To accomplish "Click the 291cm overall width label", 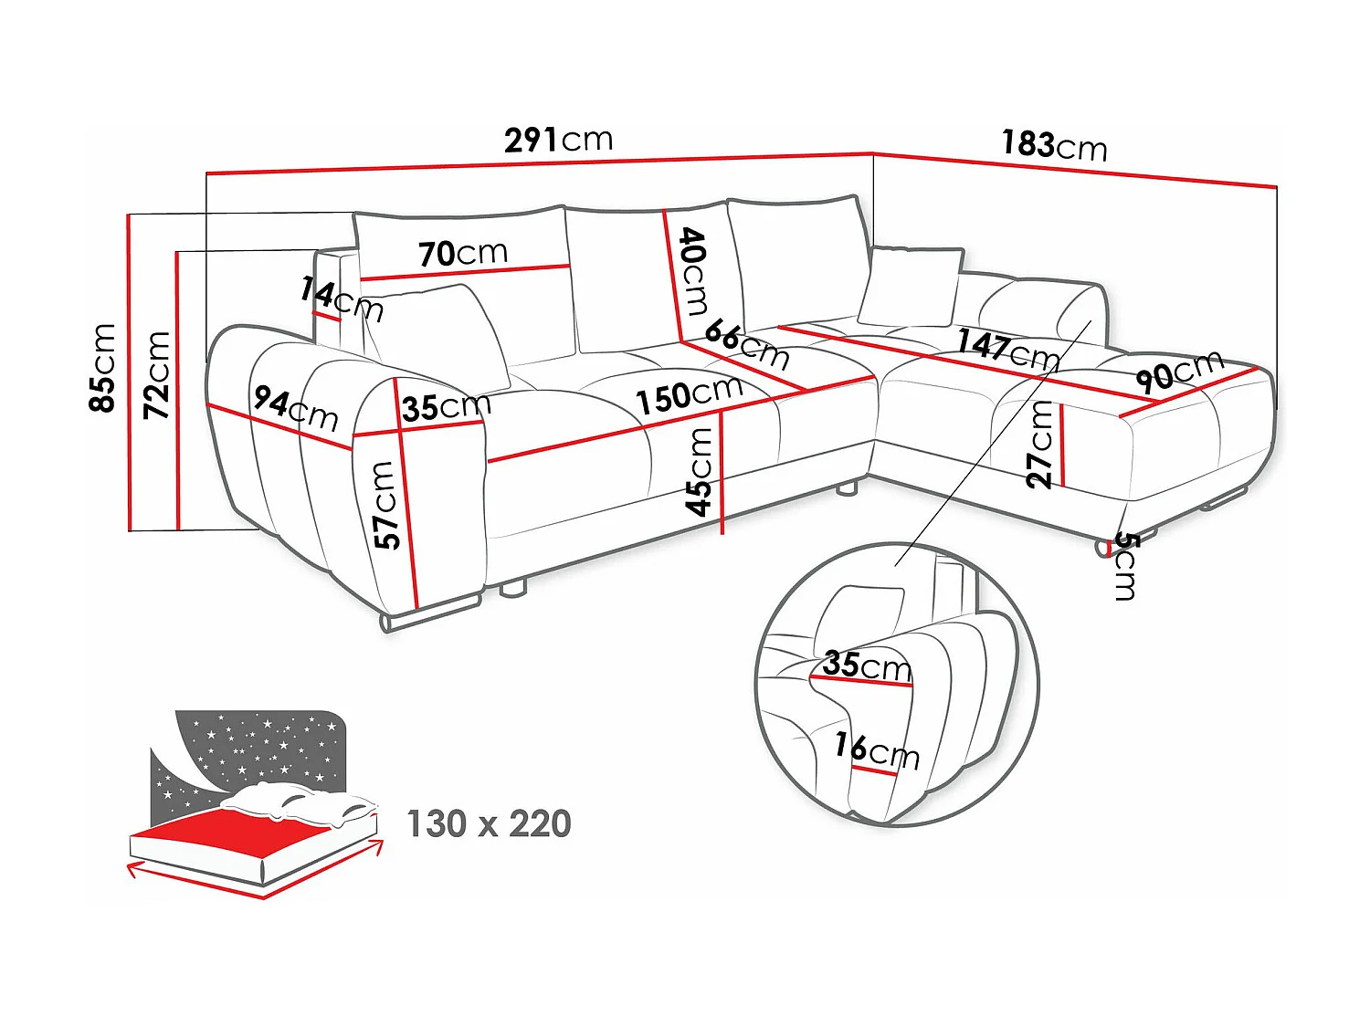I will (x=558, y=140).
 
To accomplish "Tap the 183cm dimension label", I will (x=1054, y=145).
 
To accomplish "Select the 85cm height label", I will (x=102, y=367).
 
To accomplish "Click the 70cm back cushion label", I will (x=463, y=253).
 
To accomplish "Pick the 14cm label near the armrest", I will (x=341, y=299).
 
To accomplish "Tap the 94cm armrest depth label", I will (x=296, y=408).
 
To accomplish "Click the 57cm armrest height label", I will (x=387, y=504).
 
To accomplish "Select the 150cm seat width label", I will (x=689, y=394).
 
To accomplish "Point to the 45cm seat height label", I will (x=700, y=471).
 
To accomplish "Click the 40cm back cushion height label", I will (x=693, y=271).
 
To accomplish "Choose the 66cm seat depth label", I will (x=747, y=343).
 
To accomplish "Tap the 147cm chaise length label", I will (x=1008, y=349).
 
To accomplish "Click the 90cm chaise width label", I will (x=1179, y=370).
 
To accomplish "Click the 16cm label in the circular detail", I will (x=876, y=750).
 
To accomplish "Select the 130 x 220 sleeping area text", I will (x=489, y=823).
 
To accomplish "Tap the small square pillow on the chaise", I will (x=911, y=286).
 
